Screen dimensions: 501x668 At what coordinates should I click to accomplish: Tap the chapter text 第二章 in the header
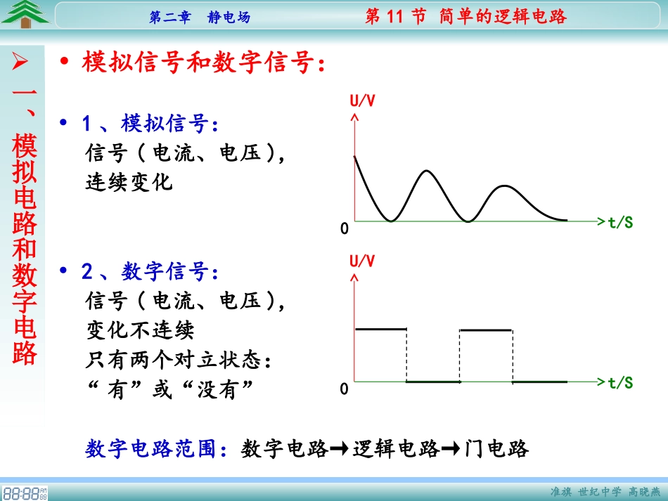point(170,18)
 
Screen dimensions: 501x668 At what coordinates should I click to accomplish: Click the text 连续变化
point(129,183)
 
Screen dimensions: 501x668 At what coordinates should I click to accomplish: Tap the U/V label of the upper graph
point(363,100)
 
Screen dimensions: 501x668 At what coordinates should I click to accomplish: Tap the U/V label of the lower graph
point(363,261)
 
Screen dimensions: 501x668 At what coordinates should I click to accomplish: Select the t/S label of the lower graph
point(620,383)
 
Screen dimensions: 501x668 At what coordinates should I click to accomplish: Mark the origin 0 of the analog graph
point(345,229)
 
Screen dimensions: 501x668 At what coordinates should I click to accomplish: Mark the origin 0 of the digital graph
point(345,389)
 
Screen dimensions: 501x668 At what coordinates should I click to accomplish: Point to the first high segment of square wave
point(380,329)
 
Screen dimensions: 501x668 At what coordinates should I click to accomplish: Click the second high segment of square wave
point(486,329)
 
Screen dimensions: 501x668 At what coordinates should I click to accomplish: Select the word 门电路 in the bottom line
point(497,448)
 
